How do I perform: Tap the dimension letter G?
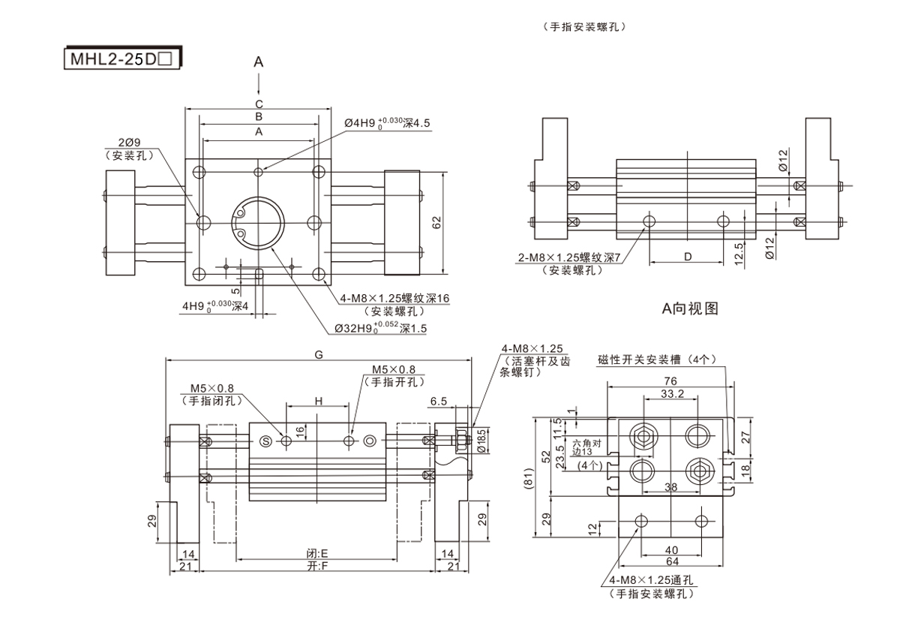(319, 354)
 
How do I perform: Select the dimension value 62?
(436, 223)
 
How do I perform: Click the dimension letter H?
(318, 402)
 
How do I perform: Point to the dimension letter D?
(687, 257)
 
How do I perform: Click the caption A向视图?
(689, 308)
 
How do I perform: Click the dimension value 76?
(670, 381)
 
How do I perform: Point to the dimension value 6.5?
(439, 402)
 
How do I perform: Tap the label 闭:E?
(319, 554)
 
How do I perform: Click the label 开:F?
(319, 566)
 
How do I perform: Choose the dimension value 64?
(671, 561)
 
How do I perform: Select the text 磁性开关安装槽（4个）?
(658, 359)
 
